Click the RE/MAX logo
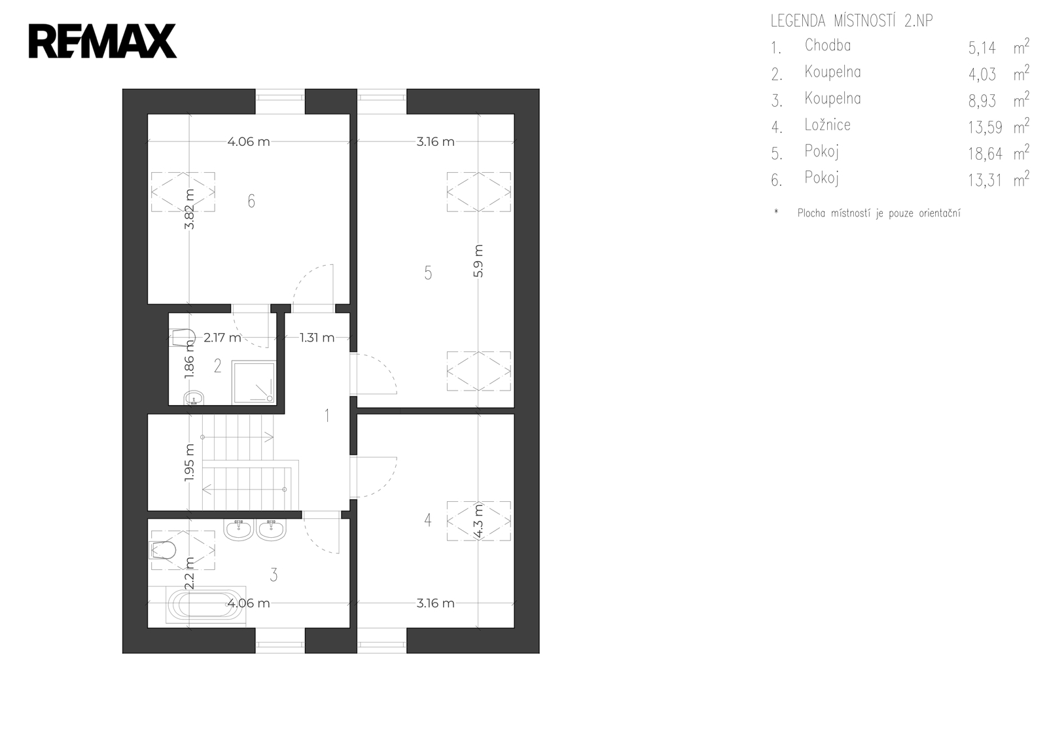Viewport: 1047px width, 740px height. tap(103, 41)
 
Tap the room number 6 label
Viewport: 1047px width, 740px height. tap(251, 202)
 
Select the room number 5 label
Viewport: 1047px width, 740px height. tap(428, 273)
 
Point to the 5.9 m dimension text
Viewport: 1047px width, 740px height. tap(478, 261)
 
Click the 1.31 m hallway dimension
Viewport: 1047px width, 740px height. tap(317, 338)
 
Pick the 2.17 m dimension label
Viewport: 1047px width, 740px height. tap(222, 338)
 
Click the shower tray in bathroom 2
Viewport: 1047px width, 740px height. tap(255, 382)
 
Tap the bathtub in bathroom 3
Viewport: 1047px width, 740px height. tap(205, 605)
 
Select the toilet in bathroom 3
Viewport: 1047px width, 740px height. tap(162, 550)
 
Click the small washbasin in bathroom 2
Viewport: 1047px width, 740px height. tap(194, 398)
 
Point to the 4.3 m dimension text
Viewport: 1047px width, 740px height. tap(478, 521)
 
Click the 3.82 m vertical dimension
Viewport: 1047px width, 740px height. tap(189, 209)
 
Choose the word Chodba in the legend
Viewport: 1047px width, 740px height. tap(827, 45)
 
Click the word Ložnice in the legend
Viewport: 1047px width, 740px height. tap(827, 125)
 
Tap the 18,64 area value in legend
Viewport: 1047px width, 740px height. tap(985, 154)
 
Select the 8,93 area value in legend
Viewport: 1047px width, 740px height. tap(982, 101)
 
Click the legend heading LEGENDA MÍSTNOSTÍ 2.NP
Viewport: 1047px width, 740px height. tap(851, 21)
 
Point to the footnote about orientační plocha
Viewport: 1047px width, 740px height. tap(879, 213)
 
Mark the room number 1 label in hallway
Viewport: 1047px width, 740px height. tap(327, 415)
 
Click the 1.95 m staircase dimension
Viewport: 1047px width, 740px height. tap(189, 463)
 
